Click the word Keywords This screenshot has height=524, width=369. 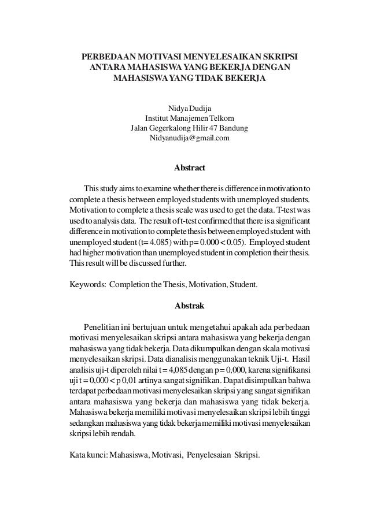(x=87, y=285)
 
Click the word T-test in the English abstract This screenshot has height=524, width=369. (x=280, y=211)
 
